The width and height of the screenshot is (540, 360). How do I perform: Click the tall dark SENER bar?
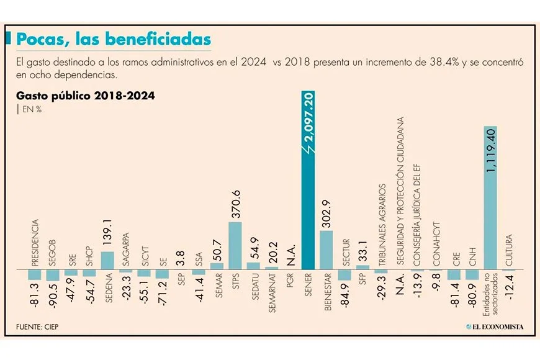click(x=308, y=186)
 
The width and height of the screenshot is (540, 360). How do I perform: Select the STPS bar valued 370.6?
click(x=235, y=245)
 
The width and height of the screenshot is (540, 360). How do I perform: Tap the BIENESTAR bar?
click(x=326, y=250)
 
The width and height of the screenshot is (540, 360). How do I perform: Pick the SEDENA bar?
click(x=107, y=260)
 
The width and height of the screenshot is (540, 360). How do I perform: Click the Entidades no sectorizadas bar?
click(x=490, y=199)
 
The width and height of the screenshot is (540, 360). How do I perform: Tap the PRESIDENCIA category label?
click(x=35, y=242)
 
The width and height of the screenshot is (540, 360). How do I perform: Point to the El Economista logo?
click(x=495, y=326)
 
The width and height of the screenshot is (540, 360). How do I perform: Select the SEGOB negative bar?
click(x=53, y=275)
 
